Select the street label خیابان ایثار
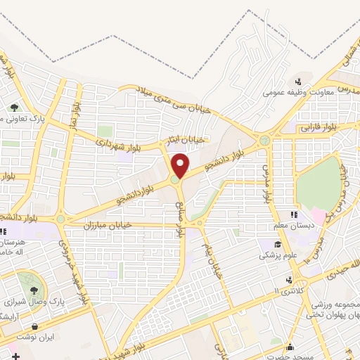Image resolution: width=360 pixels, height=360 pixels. (185, 141)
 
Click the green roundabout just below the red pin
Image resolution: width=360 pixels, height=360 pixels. (175, 180)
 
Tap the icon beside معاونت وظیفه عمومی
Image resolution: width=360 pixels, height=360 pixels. (299, 81)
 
